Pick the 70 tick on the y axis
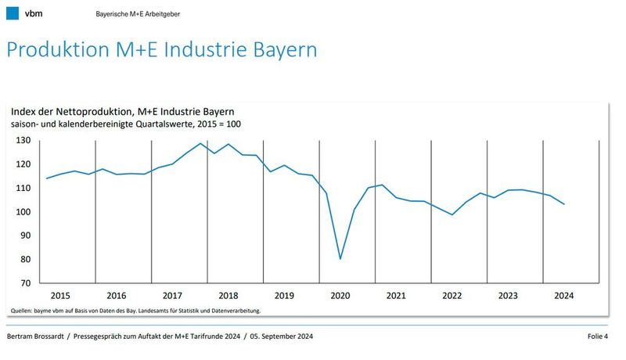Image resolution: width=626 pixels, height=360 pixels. [x=25, y=283]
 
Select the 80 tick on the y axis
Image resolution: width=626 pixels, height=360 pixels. [x=25, y=259]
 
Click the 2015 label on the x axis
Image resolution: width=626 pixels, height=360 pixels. [x=60, y=296]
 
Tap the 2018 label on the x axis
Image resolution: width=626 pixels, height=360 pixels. [x=228, y=296]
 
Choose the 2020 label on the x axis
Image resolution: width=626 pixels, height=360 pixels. [x=340, y=296]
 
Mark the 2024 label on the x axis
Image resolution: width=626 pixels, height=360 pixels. [x=564, y=296]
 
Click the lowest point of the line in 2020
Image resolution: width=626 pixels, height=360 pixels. [x=340, y=259]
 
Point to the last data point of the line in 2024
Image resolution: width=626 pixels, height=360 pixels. [x=564, y=203]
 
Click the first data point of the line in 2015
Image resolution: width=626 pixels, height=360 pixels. [x=46, y=178]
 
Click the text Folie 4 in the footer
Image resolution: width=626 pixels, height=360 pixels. [x=598, y=337]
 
